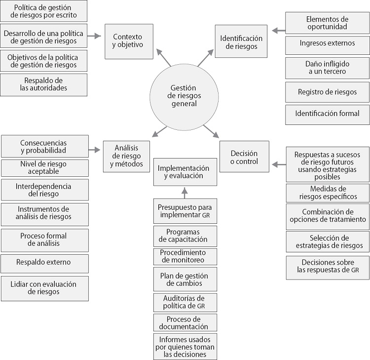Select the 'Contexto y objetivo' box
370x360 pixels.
127,40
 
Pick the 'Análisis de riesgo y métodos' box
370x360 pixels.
126,156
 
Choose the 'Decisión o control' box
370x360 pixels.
245,157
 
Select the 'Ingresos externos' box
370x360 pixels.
327,43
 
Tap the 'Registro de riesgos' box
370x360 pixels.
327,92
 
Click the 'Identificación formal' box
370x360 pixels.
327,114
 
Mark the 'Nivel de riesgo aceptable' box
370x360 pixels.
45,168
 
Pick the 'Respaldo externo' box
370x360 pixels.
45,262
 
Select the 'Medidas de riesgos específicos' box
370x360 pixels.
327,193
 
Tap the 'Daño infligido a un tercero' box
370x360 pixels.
327,68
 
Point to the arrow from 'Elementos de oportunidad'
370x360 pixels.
278,31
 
